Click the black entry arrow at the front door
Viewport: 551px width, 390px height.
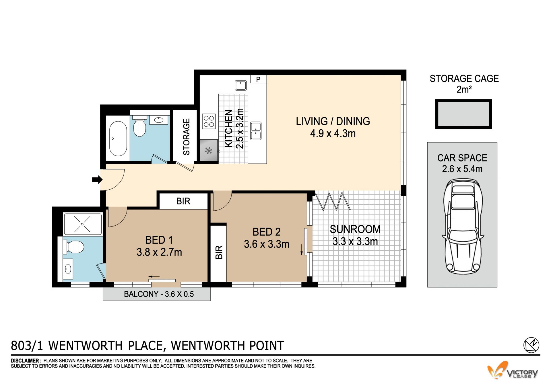pyautogui.click(x=97, y=180)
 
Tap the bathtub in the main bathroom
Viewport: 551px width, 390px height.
pyautogui.click(x=118, y=139)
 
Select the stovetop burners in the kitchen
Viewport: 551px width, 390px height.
pyautogui.click(x=209, y=121)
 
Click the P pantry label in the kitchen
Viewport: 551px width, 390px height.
pyautogui.click(x=258, y=79)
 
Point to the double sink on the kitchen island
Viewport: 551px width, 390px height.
pyautogui.click(x=256, y=131)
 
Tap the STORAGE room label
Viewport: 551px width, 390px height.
pyautogui.click(x=186, y=137)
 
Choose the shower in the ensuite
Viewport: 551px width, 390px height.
pyautogui.click(x=82, y=224)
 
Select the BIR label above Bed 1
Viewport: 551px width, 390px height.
pyautogui.click(x=183, y=201)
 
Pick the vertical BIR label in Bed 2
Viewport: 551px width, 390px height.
pyautogui.click(x=219, y=252)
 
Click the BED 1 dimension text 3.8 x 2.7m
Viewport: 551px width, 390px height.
pyautogui.click(x=159, y=252)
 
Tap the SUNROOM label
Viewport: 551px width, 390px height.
pyautogui.click(x=355, y=229)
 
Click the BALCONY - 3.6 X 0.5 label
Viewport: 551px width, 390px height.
pyautogui.click(x=159, y=294)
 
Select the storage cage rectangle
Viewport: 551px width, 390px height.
pyautogui.click(x=463, y=114)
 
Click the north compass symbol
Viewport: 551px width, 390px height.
pyautogui.click(x=531, y=345)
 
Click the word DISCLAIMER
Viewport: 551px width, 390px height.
pyautogui.click(x=25, y=361)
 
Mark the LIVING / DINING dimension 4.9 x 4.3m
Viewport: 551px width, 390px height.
pyautogui.click(x=333, y=134)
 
